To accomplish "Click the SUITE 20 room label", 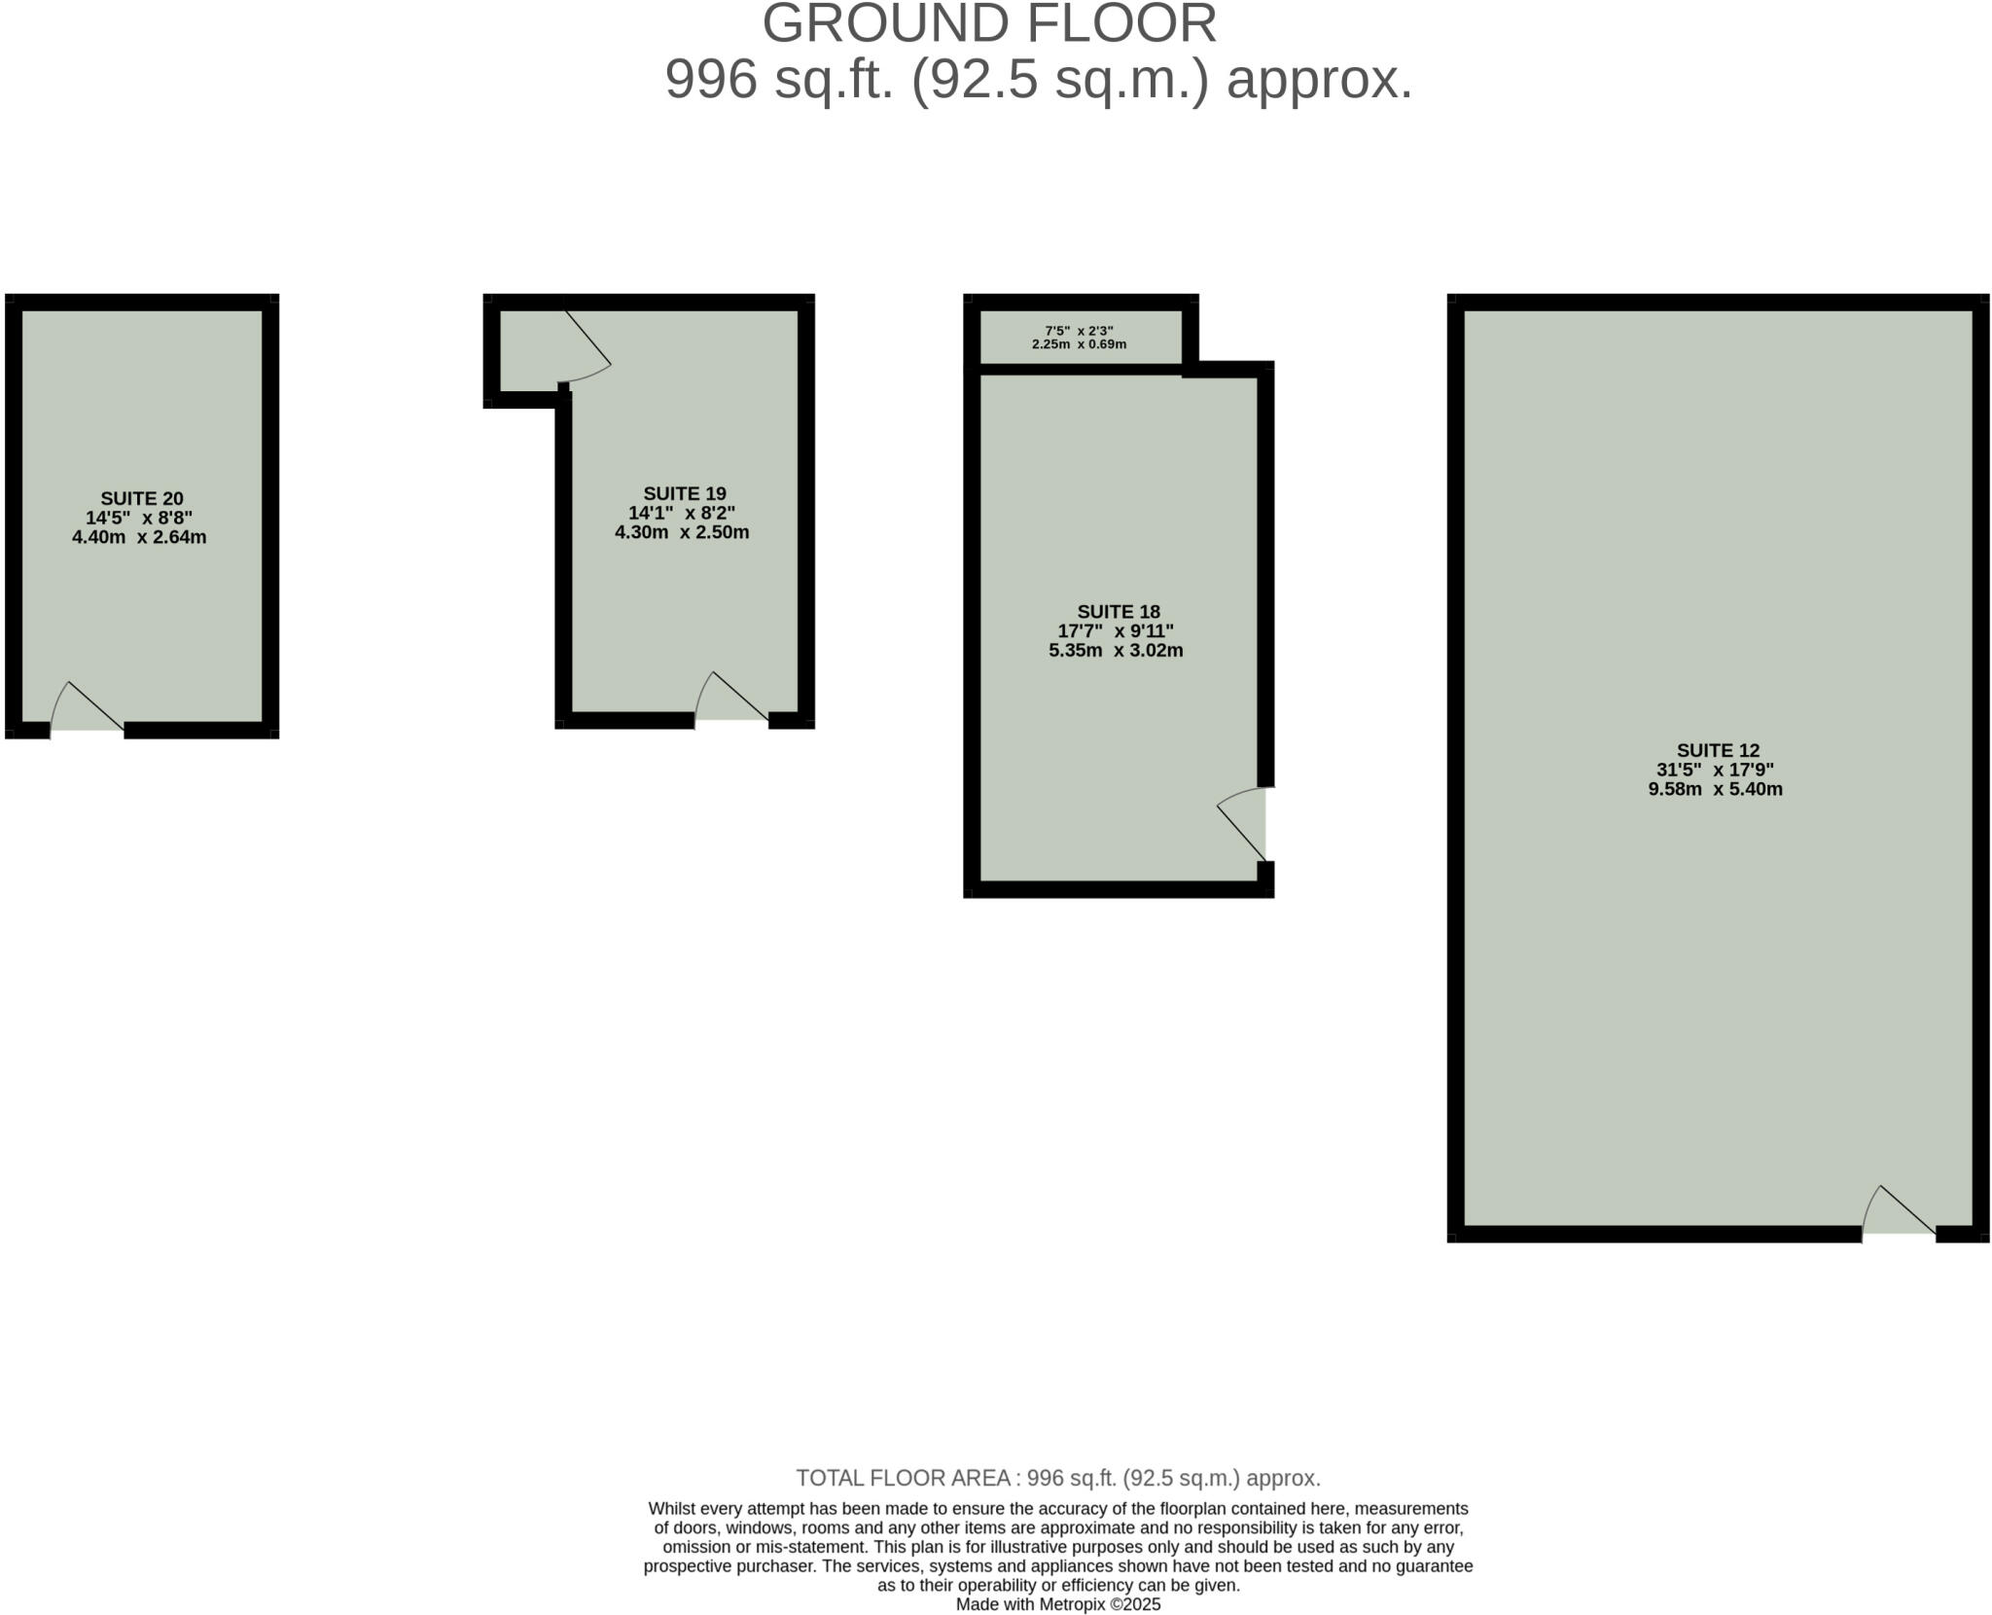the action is (x=142, y=499).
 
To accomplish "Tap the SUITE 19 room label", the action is (x=685, y=494).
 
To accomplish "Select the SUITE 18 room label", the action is (x=1119, y=612).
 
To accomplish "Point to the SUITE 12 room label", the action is (x=1719, y=751).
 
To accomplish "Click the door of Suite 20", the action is (x=87, y=707).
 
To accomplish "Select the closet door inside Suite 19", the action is (x=587, y=347).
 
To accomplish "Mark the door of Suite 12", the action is (x=1899, y=1211).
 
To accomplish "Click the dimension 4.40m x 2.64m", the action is (x=139, y=537).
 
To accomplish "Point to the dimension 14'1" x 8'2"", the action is (x=682, y=513).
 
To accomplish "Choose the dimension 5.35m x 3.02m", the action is (x=1116, y=651).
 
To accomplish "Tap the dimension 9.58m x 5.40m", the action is (x=1716, y=789).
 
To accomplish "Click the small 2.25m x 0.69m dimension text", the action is (x=1079, y=344).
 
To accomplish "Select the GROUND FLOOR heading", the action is (x=989, y=23).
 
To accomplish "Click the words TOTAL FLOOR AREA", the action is (x=904, y=1479).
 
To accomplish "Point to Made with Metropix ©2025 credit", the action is (x=1058, y=1605).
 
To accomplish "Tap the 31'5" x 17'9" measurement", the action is (x=1716, y=770).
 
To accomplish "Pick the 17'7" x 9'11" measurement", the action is (x=1116, y=631).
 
